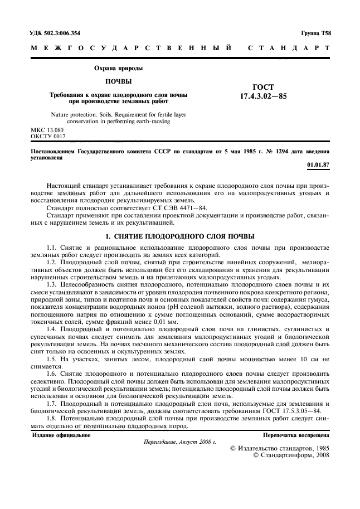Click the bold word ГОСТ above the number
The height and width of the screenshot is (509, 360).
pyautogui.click(x=263, y=86)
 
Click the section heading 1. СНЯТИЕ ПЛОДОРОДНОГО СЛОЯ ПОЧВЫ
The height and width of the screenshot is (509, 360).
pyautogui.click(x=179, y=236)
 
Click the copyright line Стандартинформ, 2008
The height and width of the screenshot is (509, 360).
pyautogui.click(x=295, y=454)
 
